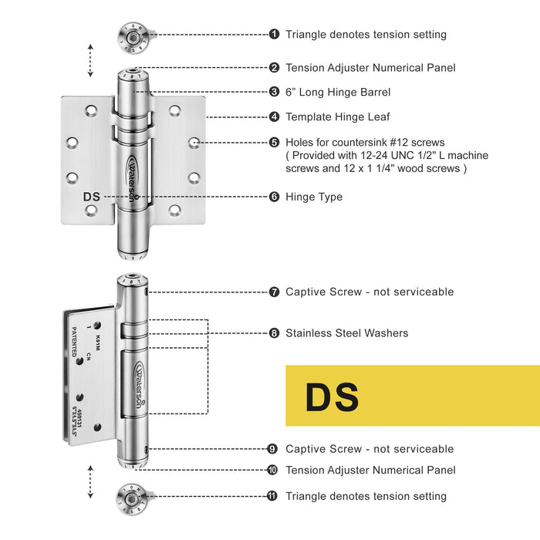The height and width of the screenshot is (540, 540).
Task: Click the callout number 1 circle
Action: [x=275, y=34]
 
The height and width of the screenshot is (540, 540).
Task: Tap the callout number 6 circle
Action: [x=275, y=197]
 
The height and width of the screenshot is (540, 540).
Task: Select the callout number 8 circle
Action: [x=275, y=333]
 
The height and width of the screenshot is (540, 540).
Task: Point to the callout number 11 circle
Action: [x=272, y=496]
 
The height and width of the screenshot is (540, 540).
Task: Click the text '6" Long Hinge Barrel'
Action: [x=338, y=92]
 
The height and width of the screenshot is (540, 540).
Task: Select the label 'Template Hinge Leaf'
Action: [x=338, y=117]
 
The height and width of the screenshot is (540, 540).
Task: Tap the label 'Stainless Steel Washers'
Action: [x=347, y=333]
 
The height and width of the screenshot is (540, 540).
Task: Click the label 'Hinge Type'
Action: [x=314, y=197]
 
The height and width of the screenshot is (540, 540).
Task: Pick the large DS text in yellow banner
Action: [x=332, y=397]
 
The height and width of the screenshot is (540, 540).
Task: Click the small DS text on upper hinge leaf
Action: [x=92, y=197]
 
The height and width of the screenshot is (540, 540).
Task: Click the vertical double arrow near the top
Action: [x=91, y=60]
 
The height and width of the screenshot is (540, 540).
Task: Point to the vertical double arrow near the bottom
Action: [x=91, y=483]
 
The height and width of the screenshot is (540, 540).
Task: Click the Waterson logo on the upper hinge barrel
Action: [x=133, y=175]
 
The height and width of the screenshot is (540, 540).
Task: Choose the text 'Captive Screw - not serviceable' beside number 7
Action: [x=370, y=292]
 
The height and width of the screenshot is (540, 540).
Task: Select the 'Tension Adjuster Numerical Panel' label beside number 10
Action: [x=370, y=470]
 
